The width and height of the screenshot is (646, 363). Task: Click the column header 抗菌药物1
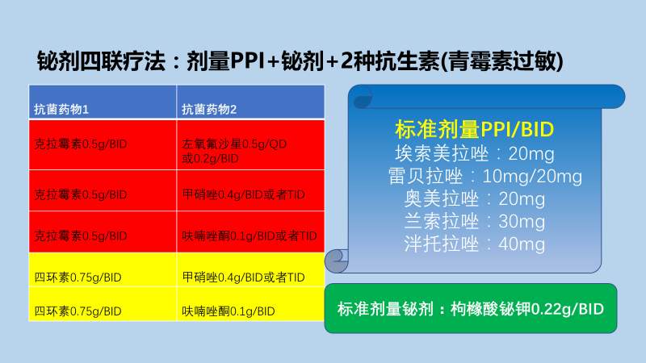(x=61, y=109)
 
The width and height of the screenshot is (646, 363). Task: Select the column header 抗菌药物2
(x=209, y=109)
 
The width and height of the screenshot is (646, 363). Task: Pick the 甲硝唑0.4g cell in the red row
(x=242, y=194)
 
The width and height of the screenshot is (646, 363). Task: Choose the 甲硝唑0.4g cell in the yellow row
(x=242, y=278)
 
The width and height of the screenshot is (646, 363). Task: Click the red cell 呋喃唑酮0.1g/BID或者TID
(x=250, y=236)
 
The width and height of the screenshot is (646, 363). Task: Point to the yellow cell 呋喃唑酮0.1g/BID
(x=229, y=311)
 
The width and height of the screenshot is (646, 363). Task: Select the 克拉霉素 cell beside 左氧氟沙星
(x=82, y=146)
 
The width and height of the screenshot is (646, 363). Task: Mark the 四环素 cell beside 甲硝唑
(x=78, y=278)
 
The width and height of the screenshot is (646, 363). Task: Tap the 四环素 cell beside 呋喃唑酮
(x=78, y=311)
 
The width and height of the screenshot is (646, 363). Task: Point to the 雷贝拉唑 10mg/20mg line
(x=484, y=176)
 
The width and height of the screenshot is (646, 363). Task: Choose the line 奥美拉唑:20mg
(x=474, y=198)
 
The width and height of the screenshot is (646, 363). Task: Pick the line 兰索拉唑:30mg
(x=474, y=221)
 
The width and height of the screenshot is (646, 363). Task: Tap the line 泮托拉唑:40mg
(x=474, y=244)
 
